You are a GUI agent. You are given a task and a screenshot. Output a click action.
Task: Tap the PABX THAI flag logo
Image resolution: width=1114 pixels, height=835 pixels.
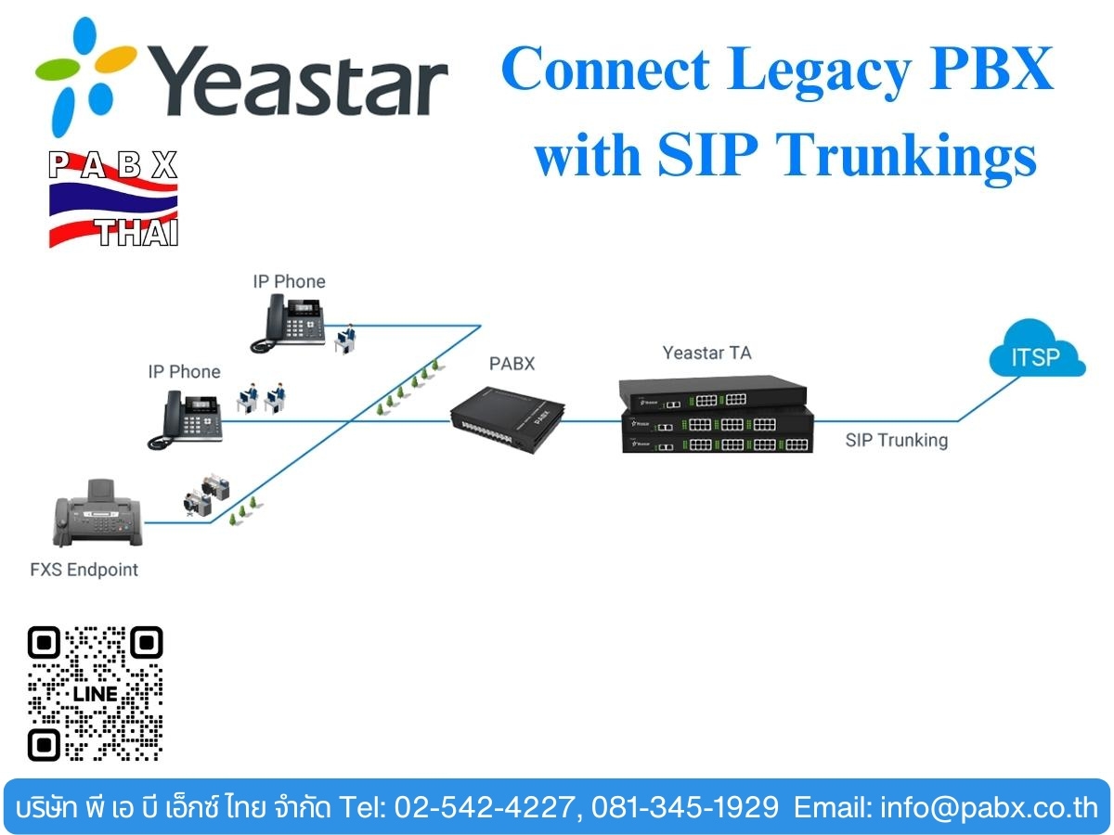tap(113, 199)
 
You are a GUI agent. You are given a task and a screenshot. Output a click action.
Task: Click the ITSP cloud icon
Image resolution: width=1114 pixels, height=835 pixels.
tap(1037, 349)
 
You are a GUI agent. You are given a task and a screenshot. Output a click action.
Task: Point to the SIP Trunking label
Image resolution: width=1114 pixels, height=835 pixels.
tap(896, 440)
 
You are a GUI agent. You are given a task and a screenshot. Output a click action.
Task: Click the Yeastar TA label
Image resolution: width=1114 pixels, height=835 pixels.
tap(706, 353)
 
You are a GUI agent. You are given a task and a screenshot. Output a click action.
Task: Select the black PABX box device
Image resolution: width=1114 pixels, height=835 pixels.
tap(508, 418)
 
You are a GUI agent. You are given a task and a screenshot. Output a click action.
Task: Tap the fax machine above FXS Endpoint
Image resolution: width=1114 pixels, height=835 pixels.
tap(97, 513)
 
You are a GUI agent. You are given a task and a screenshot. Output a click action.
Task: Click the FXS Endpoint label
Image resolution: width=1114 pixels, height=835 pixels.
tap(84, 570)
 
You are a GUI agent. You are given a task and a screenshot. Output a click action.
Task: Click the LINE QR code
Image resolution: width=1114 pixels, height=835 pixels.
tap(95, 694)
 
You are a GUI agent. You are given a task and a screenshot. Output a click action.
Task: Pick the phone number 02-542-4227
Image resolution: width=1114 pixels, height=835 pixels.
tap(485, 807)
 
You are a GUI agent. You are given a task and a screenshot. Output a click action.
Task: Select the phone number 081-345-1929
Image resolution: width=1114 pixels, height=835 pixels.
tap(684, 807)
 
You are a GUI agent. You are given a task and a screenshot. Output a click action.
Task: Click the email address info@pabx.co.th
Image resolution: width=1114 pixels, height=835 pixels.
tap(990, 807)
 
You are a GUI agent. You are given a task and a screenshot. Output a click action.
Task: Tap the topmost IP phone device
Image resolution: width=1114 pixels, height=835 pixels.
tap(289, 323)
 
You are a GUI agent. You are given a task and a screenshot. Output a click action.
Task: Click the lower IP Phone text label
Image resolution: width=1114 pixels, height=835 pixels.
tap(184, 372)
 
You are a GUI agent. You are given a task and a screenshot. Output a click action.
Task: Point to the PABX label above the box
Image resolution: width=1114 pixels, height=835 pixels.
tap(512, 364)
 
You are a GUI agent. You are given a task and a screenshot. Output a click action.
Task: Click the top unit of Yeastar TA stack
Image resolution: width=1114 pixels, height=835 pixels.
tap(713, 393)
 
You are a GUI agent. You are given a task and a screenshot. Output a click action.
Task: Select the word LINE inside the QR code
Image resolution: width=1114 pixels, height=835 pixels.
tap(96, 694)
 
